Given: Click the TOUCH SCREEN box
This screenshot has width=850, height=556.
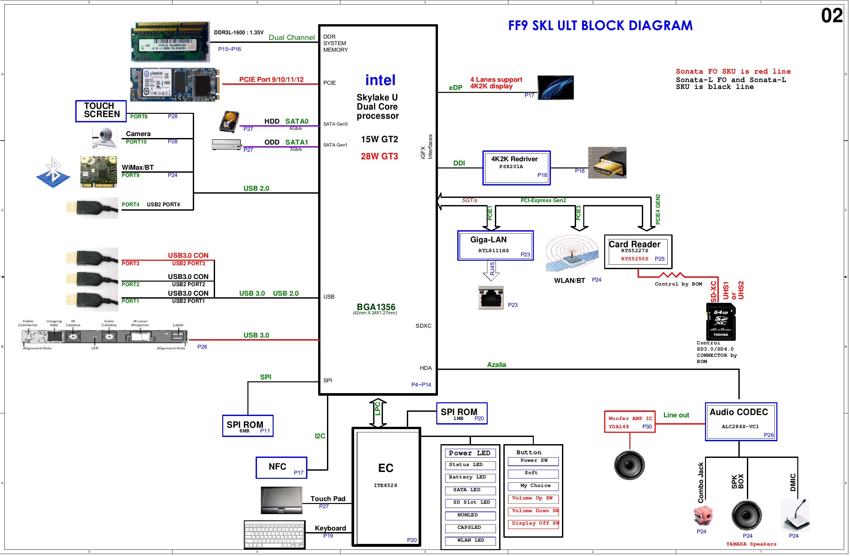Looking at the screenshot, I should click(101, 111).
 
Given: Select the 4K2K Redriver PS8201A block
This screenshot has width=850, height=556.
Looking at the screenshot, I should click(516, 168).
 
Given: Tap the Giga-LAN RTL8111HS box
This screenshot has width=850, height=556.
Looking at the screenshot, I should click(495, 246).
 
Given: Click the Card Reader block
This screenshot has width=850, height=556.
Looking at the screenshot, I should click(638, 252).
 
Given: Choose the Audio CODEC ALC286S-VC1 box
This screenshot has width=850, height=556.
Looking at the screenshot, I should click(741, 422).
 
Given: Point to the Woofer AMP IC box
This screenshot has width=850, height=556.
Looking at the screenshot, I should click(630, 422).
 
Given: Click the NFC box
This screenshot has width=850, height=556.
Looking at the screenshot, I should click(281, 467).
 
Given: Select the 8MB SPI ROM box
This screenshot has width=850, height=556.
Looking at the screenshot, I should click(248, 426).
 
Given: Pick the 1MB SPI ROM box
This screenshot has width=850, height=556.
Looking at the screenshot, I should click(461, 413).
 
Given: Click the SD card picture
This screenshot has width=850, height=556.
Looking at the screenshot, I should click(721, 321).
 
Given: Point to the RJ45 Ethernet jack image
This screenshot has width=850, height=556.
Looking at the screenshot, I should click(491, 297).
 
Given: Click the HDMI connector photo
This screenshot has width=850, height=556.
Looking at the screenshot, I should click(607, 163).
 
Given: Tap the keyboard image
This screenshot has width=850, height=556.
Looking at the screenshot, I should click(274, 534).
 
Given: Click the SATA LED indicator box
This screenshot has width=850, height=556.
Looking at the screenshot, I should click(470, 490).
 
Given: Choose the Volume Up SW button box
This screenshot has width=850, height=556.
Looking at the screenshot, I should click(533, 498).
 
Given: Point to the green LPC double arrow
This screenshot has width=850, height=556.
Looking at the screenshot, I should click(377, 412).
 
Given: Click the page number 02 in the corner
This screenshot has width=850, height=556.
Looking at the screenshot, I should click(831, 16).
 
